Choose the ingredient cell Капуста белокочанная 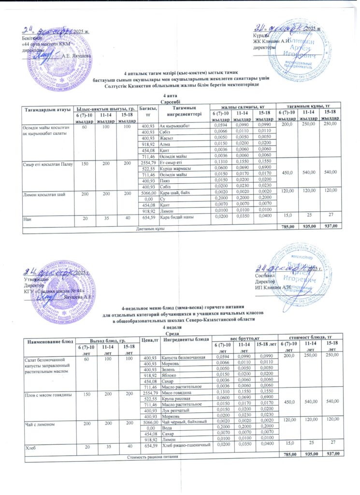coord(182,358)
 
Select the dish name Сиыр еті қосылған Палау coord(47,164)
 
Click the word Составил coord(265,276)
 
